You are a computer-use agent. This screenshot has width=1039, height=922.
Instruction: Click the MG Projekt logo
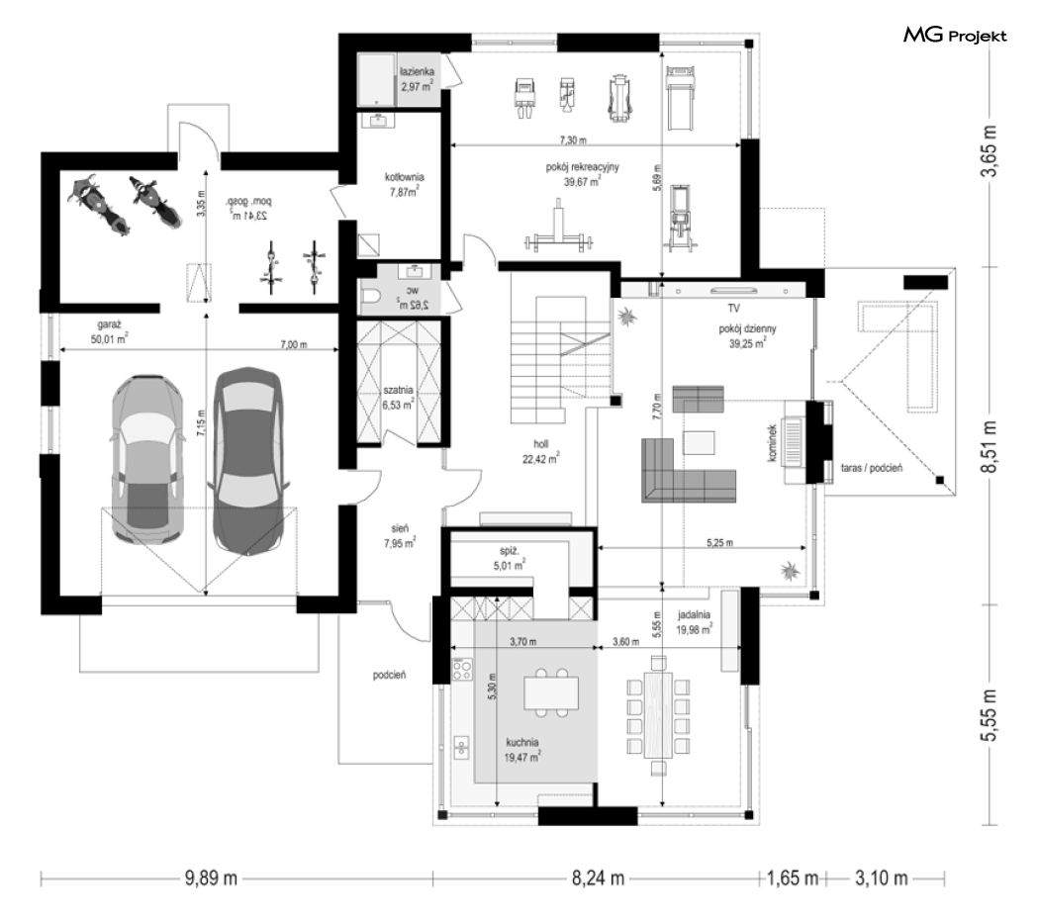[x=955, y=35]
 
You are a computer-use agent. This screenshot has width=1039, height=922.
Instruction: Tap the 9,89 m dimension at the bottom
[x=211, y=878]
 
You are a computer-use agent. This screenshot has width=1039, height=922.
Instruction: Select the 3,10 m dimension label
[x=882, y=878]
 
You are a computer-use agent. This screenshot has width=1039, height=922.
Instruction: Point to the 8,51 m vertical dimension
[x=989, y=446]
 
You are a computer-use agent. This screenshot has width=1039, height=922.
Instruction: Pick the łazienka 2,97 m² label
[x=417, y=79]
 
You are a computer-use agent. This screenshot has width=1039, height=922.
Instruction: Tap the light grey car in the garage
[x=147, y=460]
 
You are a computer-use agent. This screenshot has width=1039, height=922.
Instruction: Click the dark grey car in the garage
[x=247, y=460]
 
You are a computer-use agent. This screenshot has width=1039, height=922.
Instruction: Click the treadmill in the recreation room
[x=680, y=97]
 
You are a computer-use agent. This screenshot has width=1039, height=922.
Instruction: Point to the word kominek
[x=772, y=443]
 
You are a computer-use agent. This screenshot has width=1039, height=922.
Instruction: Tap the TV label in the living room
[x=733, y=308]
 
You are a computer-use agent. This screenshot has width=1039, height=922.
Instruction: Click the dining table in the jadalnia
[x=658, y=714]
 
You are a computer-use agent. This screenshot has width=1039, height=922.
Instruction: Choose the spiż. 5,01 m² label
[x=509, y=558]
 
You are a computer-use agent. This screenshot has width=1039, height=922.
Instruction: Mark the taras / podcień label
[x=872, y=468]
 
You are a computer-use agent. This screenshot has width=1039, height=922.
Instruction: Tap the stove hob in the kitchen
[x=462, y=669]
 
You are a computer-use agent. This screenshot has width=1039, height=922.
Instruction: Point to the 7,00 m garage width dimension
[x=294, y=344]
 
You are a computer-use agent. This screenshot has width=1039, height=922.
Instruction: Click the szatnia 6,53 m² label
[x=398, y=398]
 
